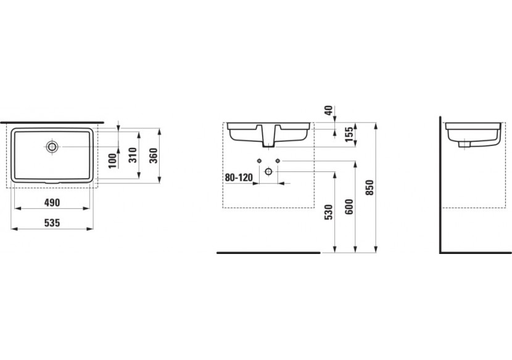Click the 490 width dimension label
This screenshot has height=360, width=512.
pos(52,203)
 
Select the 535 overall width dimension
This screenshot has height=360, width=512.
pos(52,223)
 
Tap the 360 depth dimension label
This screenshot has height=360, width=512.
pos(154,156)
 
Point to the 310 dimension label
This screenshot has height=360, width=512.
pos(132,155)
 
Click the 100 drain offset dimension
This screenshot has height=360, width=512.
pos(112,161)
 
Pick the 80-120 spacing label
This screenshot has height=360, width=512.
pos(239,178)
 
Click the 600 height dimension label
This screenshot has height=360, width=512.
pos(349,207)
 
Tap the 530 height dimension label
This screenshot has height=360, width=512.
pos(329,212)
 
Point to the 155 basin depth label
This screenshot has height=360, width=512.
pos(349,134)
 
